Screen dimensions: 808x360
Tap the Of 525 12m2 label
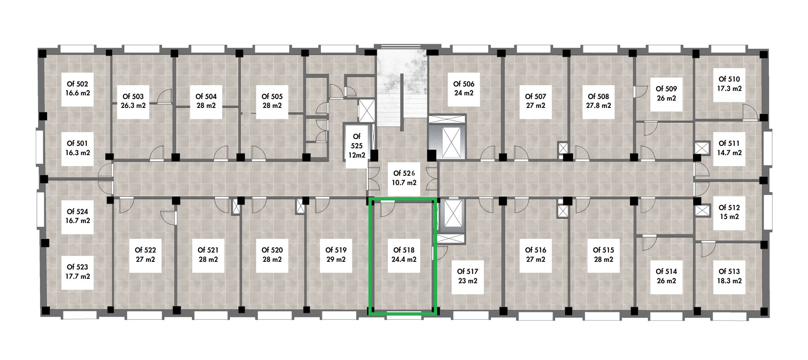click(357, 146)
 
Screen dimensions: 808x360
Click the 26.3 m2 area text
click(133, 105)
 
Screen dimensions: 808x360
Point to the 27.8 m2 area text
click(599, 105)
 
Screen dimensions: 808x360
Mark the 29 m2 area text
click(336, 259)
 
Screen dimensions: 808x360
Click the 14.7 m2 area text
click(730, 153)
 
